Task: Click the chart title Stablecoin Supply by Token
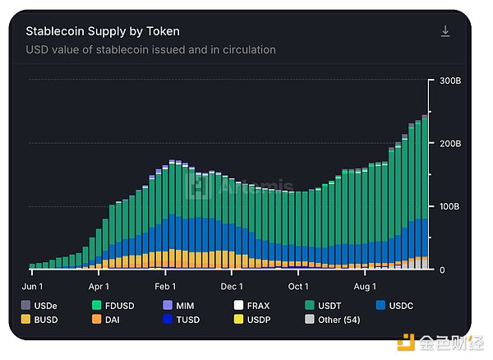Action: click(103, 31)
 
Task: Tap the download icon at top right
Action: click(445, 31)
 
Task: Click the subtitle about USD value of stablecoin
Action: click(150, 50)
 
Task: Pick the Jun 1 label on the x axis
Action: click(33, 286)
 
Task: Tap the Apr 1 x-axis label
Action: click(99, 286)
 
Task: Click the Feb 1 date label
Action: click(165, 286)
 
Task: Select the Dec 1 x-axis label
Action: click(231, 286)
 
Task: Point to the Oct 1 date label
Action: click(297, 286)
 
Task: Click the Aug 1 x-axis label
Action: click(364, 286)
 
